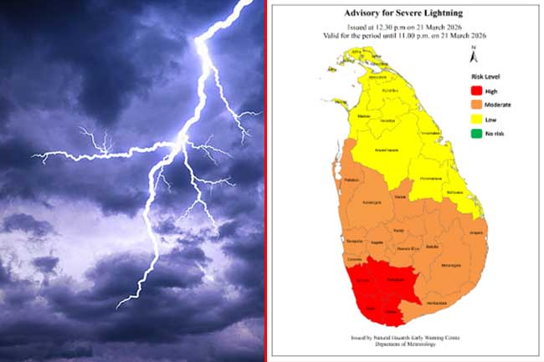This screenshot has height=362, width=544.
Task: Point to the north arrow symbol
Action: tap(474, 52)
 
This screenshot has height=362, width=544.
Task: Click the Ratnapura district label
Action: tap(396, 279)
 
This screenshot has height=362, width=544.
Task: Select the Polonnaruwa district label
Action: tap(430, 179)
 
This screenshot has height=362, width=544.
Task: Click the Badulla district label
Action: tap(432, 247)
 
